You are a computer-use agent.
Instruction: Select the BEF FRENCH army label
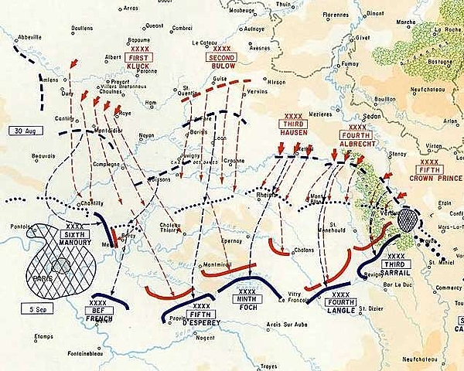pos(99,311)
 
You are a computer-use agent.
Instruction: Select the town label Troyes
pos(269,366)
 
